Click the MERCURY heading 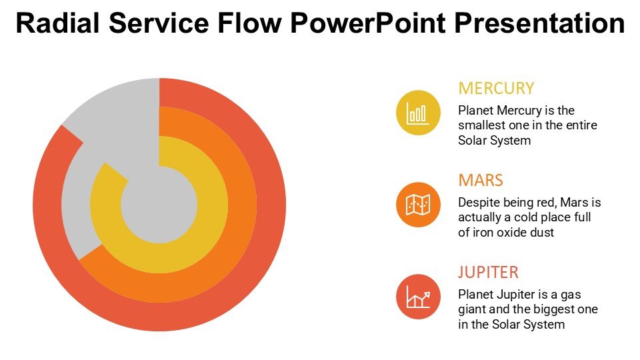click(x=496, y=89)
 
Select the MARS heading click(x=480, y=181)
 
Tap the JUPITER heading click(x=488, y=273)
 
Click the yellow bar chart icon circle click(x=418, y=112)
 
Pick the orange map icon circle click(x=418, y=204)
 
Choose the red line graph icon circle click(x=418, y=296)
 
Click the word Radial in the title click(x=57, y=24)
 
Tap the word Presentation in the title click(x=539, y=24)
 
